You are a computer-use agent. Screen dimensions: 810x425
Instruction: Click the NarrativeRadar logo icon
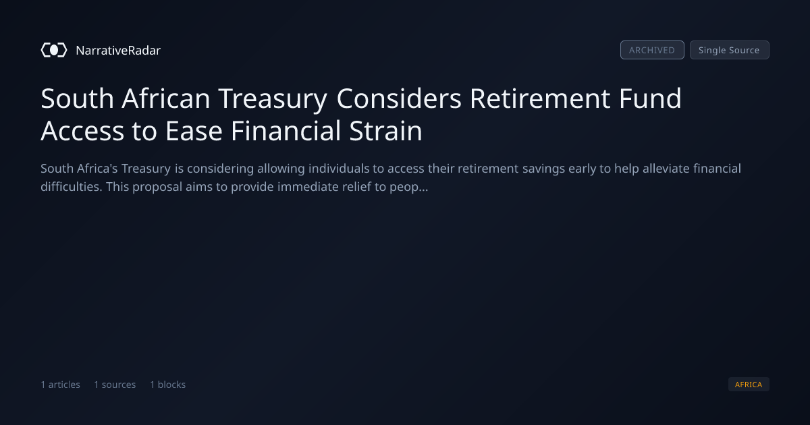pyautogui.click(x=54, y=50)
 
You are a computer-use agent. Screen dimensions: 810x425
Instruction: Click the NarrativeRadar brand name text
pyautogui.click(x=118, y=50)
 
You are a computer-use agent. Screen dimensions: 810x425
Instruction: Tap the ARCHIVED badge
pyautogui.click(x=652, y=50)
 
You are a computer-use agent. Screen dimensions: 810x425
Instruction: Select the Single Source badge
pyautogui.click(x=730, y=50)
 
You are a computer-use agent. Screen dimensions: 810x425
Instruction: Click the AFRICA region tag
pyautogui.click(x=749, y=384)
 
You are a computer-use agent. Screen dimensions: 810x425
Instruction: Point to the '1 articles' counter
pyautogui.click(x=60, y=384)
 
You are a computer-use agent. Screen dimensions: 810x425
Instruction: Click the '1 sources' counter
pyautogui.click(x=115, y=384)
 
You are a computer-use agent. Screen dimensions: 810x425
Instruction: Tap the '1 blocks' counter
pyautogui.click(x=168, y=384)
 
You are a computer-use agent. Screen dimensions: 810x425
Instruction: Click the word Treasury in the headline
pyautogui.click(x=273, y=100)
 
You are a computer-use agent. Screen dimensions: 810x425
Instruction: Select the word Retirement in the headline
pyautogui.click(x=540, y=98)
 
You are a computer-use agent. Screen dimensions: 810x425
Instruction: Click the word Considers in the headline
pyautogui.click(x=399, y=98)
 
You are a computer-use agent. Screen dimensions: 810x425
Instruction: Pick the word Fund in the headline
pyautogui.click(x=650, y=98)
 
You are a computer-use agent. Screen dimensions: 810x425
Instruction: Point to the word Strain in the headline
pyautogui.click(x=386, y=131)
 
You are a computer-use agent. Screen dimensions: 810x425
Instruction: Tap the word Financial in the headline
pyautogui.click(x=286, y=131)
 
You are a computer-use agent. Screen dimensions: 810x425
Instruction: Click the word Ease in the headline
pyautogui.click(x=194, y=131)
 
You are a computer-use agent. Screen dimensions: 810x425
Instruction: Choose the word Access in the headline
pyautogui.click(x=82, y=131)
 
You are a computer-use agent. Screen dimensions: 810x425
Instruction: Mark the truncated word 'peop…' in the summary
pyautogui.click(x=408, y=188)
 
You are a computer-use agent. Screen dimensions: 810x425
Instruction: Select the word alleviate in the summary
pyautogui.click(x=666, y=169)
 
